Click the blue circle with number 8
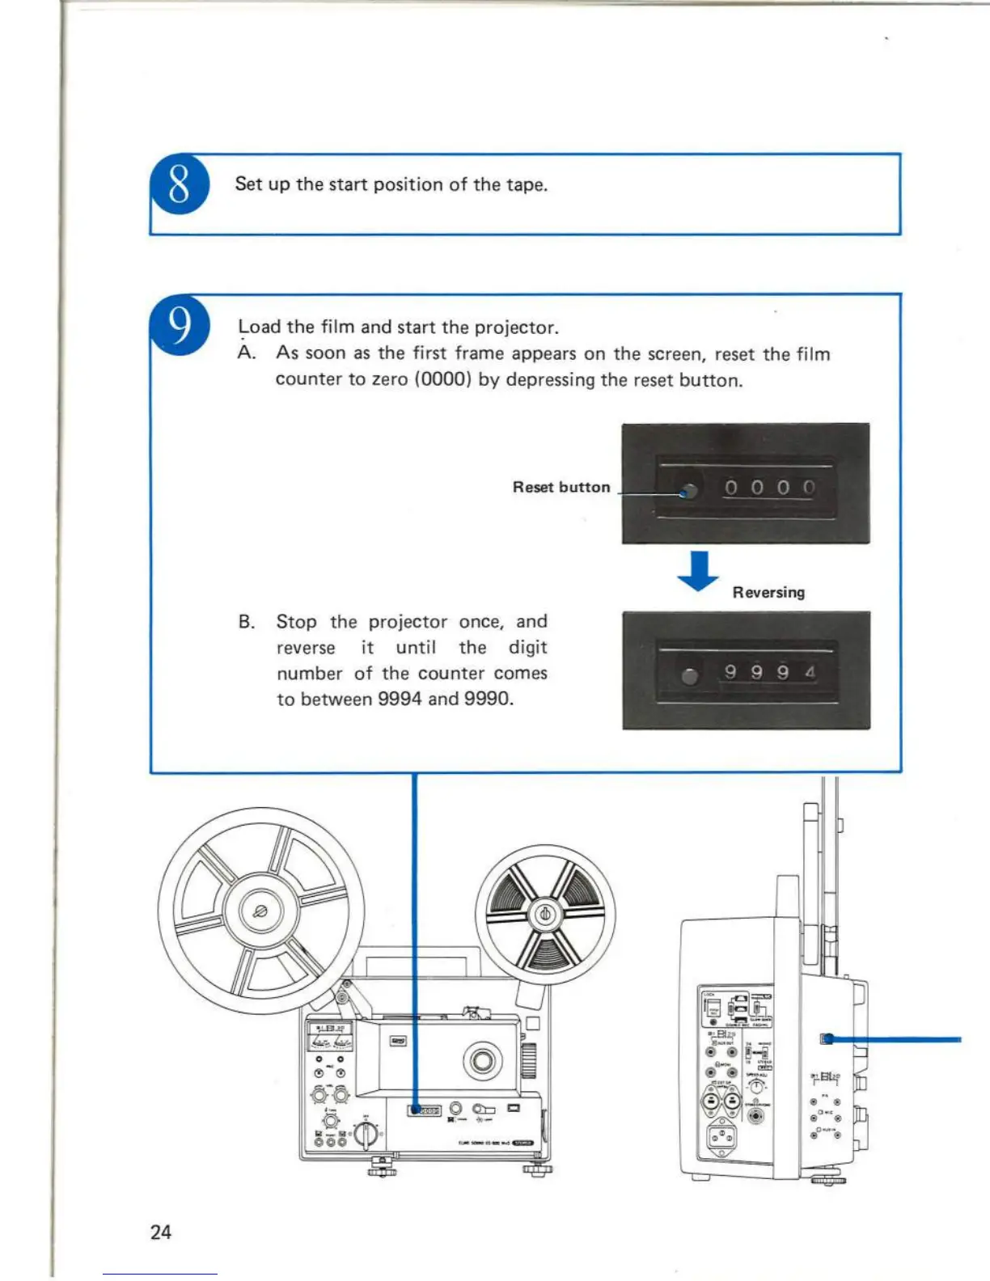coord(180,184)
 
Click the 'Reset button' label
coord(561,487)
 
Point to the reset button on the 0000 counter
coord(689,490)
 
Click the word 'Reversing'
coord(768,592)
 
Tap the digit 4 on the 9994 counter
coord(810,672)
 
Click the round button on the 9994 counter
coord(689,676)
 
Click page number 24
coord(161,1232)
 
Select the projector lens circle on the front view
coord(482,1059)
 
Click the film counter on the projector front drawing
coord(425,1110)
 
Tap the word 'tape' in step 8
coord(526,184)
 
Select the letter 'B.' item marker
coord(247,622)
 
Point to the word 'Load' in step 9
coord(259,327)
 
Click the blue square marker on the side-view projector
coord(827,1039)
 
